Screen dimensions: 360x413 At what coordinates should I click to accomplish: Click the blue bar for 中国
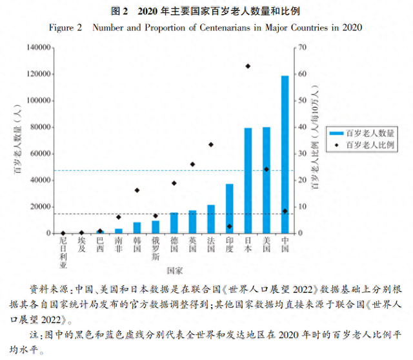(285, 155)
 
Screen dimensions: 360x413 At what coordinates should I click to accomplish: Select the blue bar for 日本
(248, 181)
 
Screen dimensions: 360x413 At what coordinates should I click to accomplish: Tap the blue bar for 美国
(267, 181)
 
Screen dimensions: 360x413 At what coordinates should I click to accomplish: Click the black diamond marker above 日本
(248, 66)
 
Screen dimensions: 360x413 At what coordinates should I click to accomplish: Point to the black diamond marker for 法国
(211, 145)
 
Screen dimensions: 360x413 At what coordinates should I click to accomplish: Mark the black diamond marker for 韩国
(137, 190)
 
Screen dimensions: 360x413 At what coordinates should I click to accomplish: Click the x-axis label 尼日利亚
(63, 252)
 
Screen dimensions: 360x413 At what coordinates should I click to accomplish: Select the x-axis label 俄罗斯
(156, 248)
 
